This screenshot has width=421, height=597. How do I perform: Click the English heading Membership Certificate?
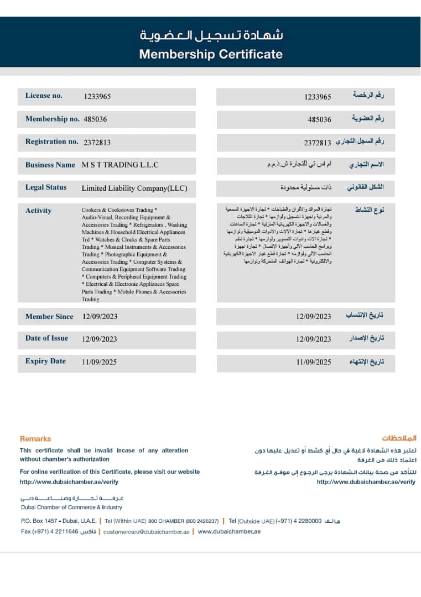211,54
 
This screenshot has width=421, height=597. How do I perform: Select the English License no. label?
44,96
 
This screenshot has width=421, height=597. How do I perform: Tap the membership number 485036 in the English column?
95,119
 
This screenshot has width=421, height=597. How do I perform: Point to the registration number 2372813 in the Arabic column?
318,143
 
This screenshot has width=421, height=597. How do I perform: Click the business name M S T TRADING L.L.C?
120,165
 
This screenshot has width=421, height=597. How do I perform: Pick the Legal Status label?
46,187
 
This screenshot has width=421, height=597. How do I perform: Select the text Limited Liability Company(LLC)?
134,188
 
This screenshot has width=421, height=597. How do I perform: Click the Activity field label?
38,211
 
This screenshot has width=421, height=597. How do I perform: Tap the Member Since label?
49,317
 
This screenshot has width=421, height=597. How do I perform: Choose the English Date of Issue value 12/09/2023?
100,339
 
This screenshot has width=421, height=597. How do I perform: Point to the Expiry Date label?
45,362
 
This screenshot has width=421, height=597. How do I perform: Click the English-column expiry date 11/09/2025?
100,362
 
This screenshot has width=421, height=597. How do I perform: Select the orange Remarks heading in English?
35,438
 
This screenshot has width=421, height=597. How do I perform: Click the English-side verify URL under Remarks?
69,482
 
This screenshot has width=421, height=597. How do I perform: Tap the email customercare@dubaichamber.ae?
147,531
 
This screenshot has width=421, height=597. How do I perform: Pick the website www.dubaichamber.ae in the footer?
229,531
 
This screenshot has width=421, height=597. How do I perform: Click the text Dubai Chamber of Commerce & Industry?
71,507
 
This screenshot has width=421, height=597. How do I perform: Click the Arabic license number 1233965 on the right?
318,97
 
